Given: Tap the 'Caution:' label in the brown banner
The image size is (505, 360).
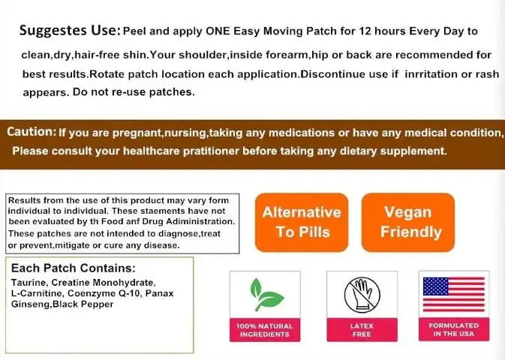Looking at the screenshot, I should [31, 132].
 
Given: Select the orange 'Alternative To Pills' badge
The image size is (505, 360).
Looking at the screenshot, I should [302, 221].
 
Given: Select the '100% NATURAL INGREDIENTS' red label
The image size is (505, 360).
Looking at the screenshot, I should [264, 330].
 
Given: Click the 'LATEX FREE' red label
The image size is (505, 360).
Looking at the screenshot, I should [362, 330].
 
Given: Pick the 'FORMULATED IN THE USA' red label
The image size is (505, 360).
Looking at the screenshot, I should [454, 330].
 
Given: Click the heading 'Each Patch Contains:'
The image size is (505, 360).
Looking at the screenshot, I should [73, 268].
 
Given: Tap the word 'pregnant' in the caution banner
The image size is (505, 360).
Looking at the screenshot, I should [144, 133].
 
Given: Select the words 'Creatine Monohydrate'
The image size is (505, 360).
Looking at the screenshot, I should [92, 282].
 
